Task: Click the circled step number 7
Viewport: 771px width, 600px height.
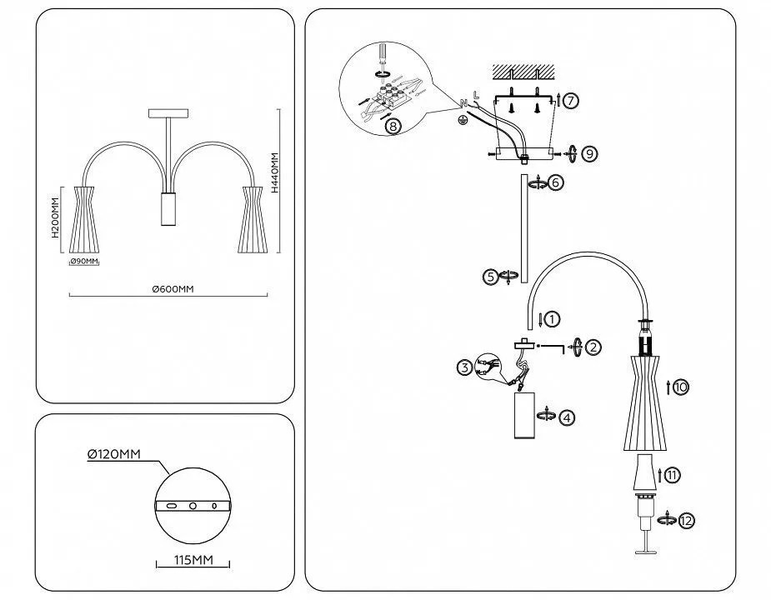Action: point(570,100)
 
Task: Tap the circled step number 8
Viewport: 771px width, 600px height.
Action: point(393,127)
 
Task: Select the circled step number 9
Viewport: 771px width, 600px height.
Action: point(589,153)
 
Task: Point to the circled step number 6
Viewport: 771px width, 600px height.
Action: point(556,182)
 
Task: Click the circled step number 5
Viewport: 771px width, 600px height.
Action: point(491,276)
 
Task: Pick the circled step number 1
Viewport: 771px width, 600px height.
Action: point(553,317)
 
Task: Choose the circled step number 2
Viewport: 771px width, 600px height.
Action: point(593,347)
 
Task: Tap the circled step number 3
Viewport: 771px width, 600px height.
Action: point(463,366)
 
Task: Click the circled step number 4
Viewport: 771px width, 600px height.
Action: point(567,417)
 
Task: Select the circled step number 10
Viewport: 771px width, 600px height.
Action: point(681,387)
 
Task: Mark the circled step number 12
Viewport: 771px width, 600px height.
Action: point(687,521)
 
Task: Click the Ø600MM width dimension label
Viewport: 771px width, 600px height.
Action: point(173,288)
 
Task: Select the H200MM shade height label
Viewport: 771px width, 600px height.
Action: point(56,217)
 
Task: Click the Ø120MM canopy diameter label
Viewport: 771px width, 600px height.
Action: point(114,454)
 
